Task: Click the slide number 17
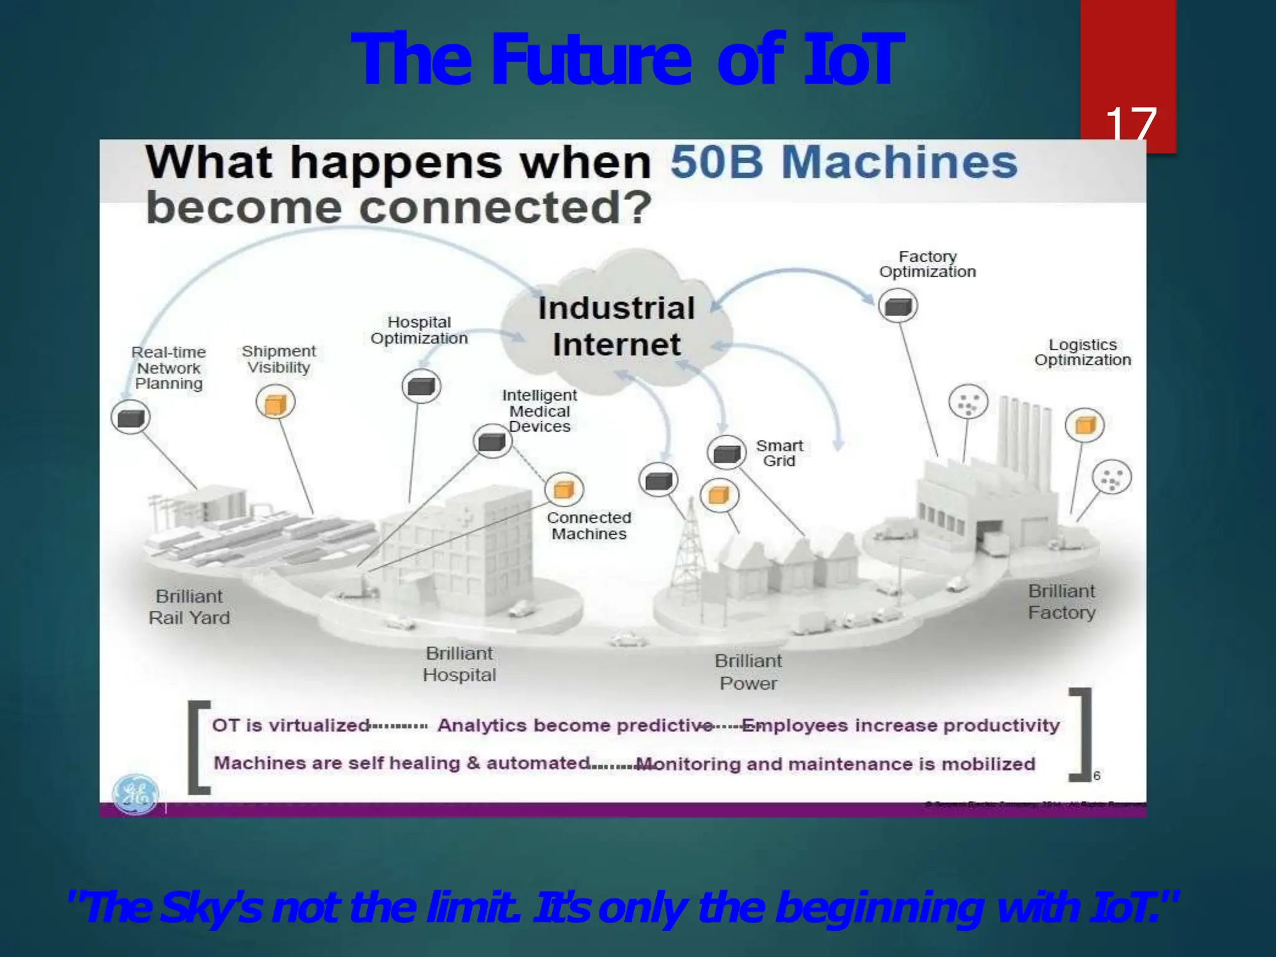tap(1130, 125)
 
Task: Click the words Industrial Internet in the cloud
tap(616, 326)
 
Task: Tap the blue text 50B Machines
tap(844, 162)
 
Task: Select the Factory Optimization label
tap(927, 264)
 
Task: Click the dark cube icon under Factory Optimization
tap(898, 306)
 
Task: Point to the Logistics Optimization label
tap(1082, 352)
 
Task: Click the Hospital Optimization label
tap(419, 330)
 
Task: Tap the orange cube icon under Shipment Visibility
tap(275, 403)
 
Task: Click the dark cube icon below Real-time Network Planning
tap(130, 417)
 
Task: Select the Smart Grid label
tap(779, 453)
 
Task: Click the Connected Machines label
tap(589, 525)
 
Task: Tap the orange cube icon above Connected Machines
tap(564, 489)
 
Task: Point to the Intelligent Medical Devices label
tap(540, 411)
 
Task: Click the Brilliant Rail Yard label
tap(189, 607)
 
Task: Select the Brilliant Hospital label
tap(459, 664)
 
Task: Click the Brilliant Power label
tap(748, 672)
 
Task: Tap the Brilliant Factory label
tap(1062, 601)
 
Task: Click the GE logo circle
tap(135, 794)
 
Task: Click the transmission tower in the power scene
tap(689, 548)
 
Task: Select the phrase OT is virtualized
tap(291, 725)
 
